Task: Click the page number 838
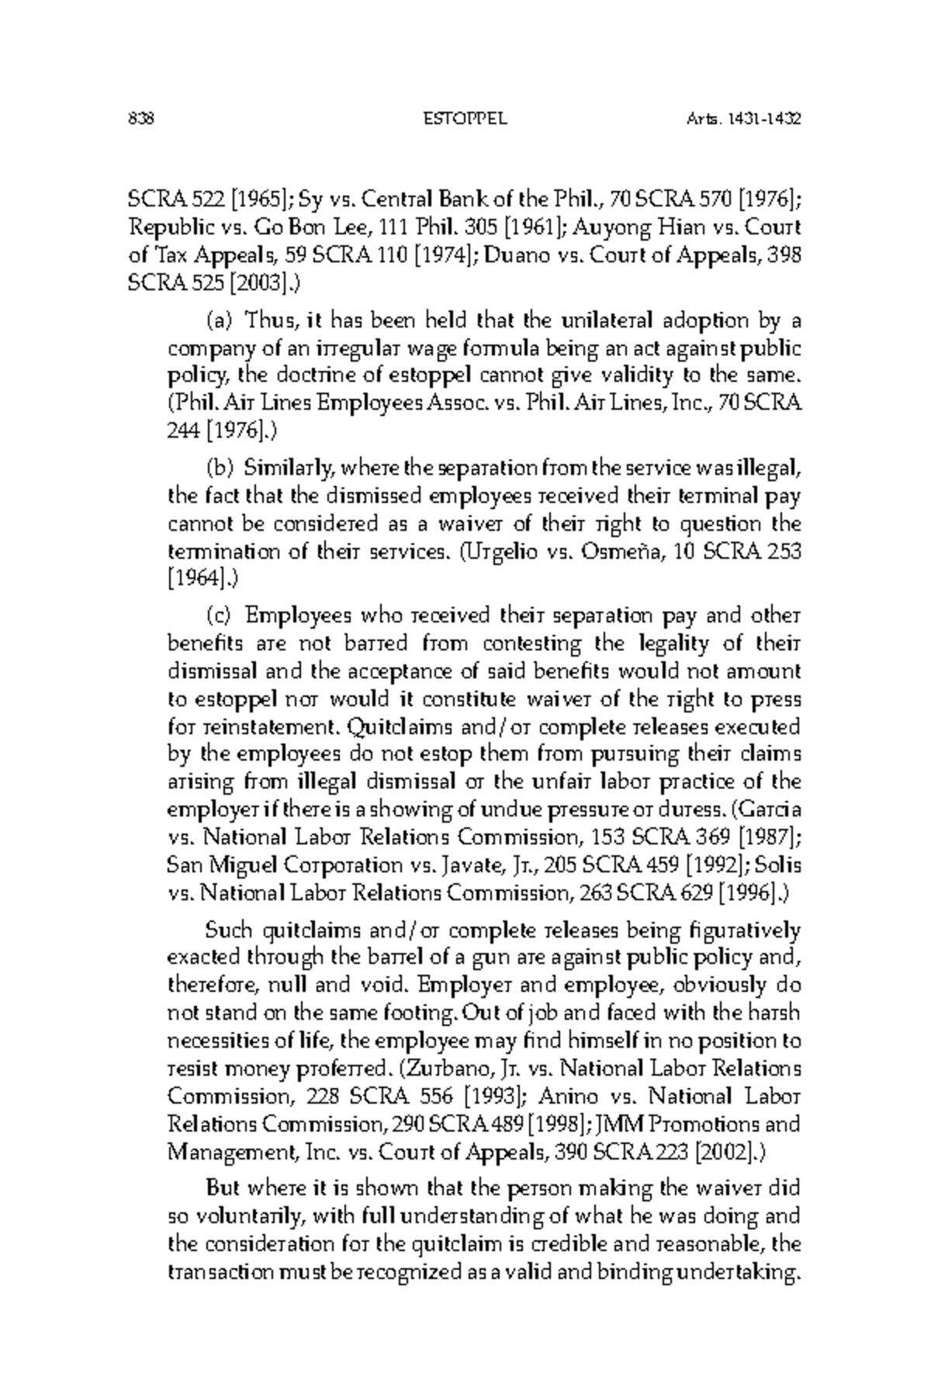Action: coord(142,120)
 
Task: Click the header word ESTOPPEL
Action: coord(463,120)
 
